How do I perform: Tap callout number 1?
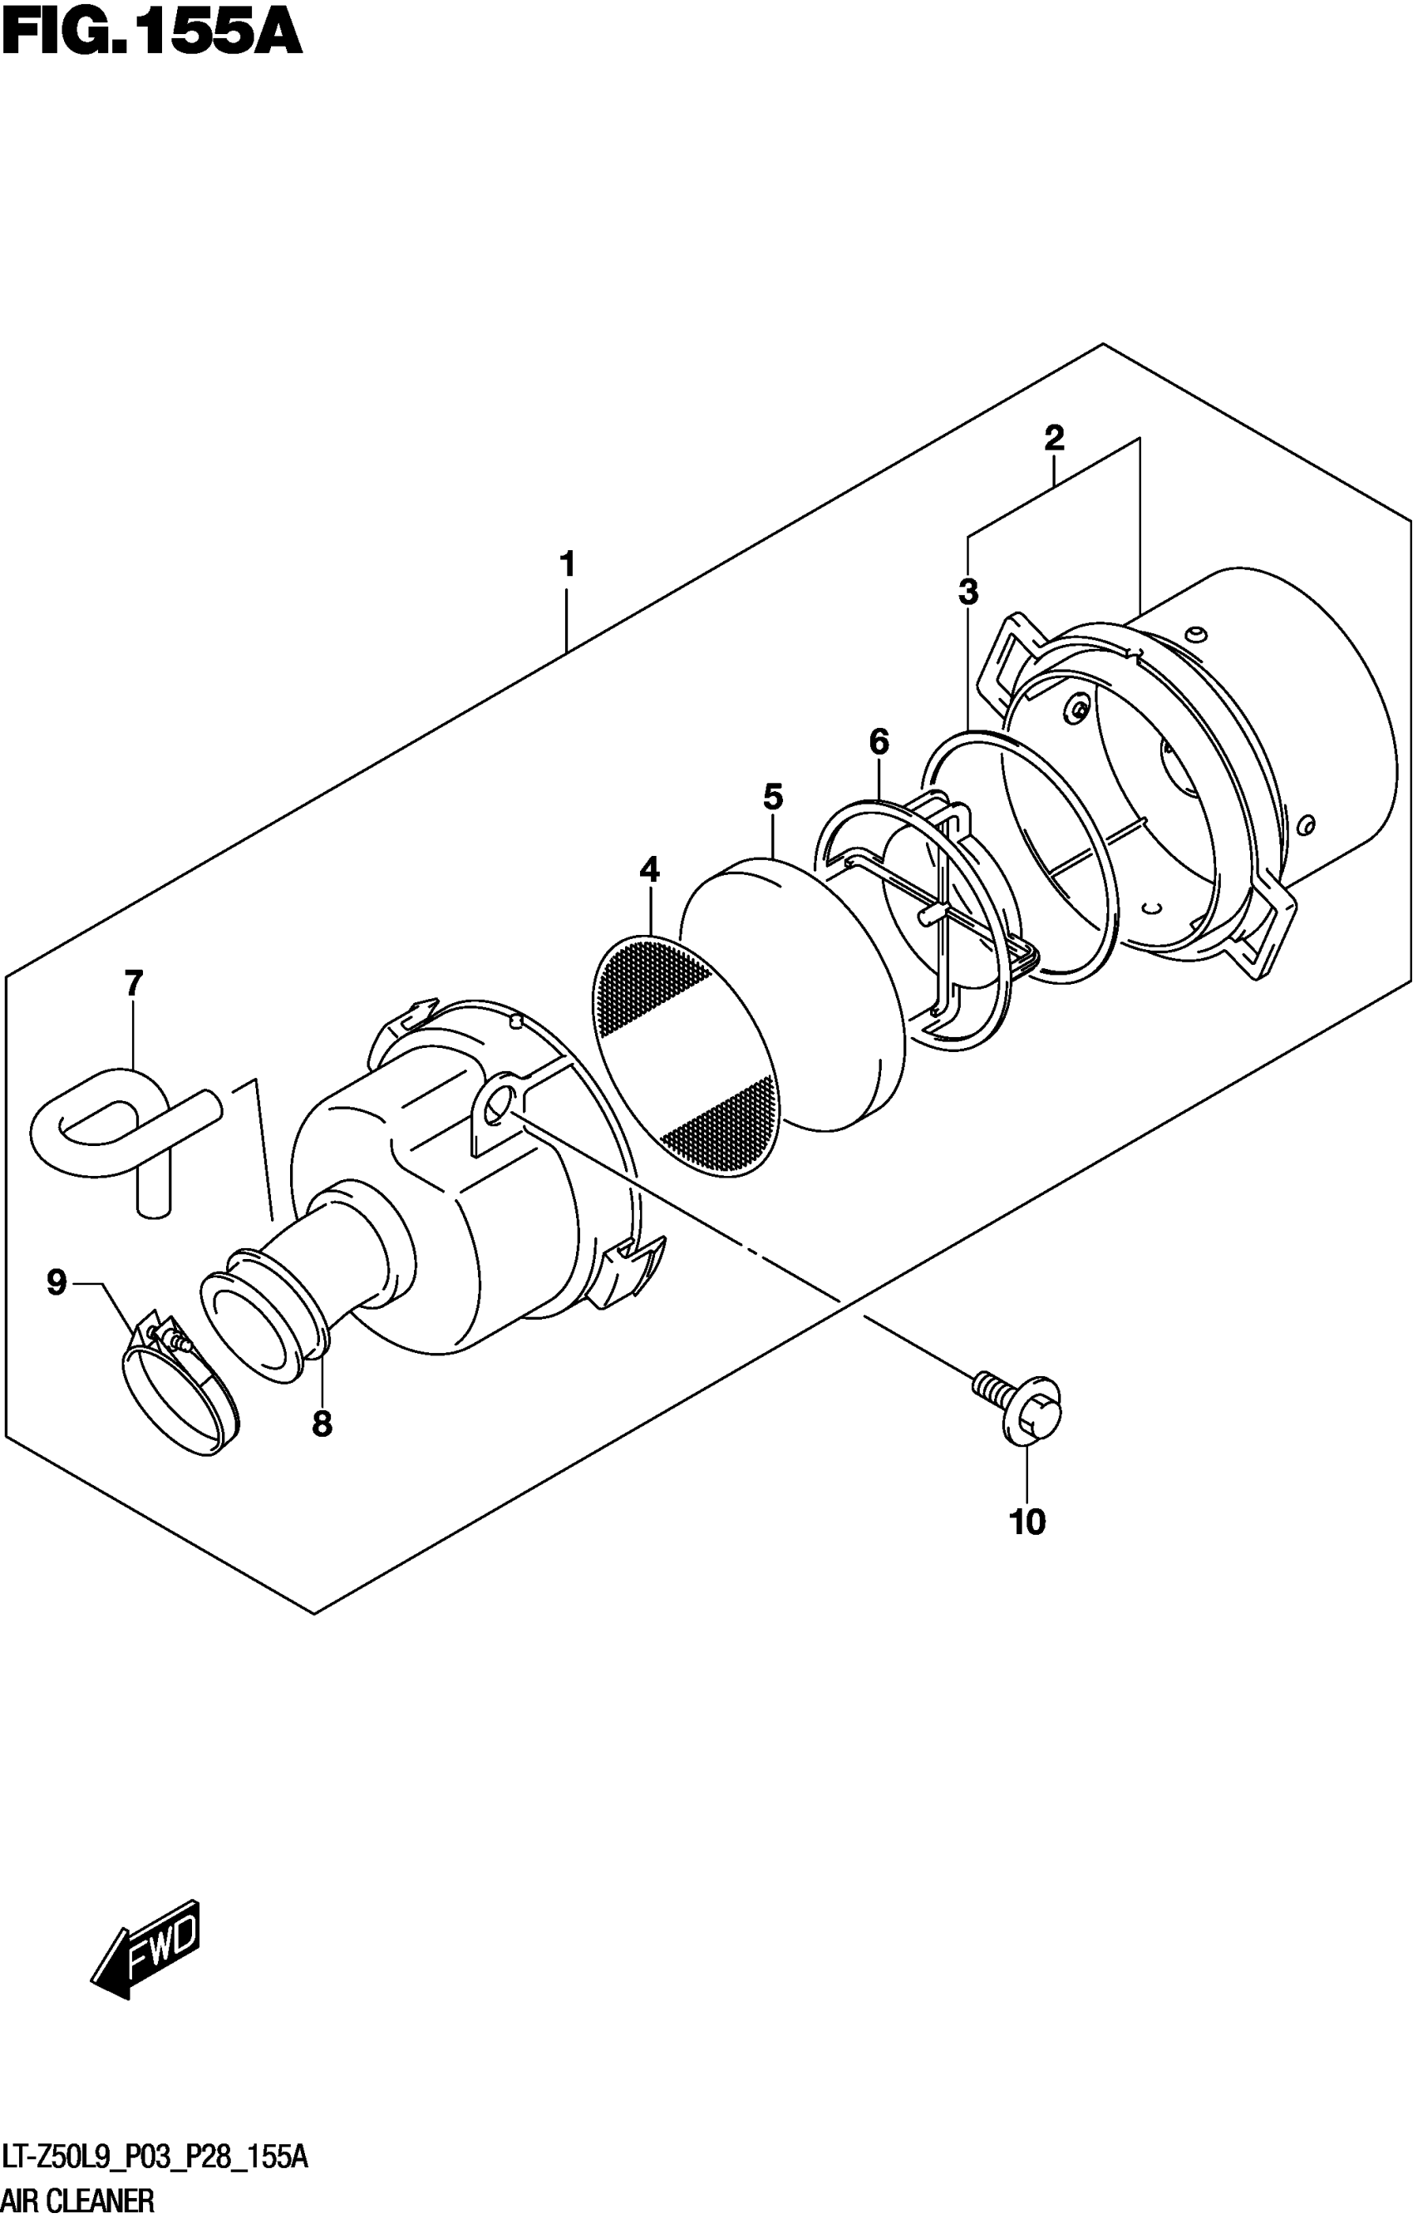[567, 564]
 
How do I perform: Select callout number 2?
[1054, 438]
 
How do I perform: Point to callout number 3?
[968, 591]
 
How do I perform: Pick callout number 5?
[773, 797]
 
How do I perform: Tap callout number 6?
[879, 741]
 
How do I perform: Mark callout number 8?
[321, 1424]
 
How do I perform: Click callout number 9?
[57, 1282]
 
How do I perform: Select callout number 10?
[1027, 1522]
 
